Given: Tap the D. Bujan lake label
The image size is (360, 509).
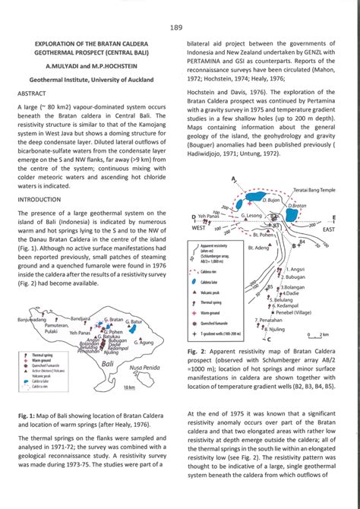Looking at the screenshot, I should click(271, 199).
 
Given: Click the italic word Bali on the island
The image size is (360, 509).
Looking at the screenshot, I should click(108, 365).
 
